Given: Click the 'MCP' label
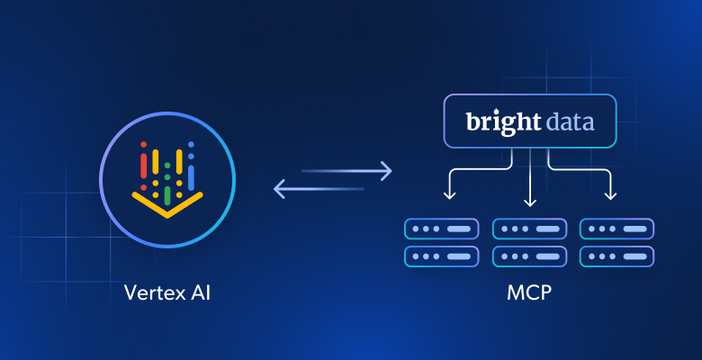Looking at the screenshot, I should [530, 292].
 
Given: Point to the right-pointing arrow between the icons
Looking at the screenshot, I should [347, 169].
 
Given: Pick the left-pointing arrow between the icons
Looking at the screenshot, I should [319, 188].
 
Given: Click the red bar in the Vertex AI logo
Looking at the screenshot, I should [142, 162].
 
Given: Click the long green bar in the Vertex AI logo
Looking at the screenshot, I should [167, 193].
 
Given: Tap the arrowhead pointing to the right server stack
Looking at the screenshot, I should [611, 195].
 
